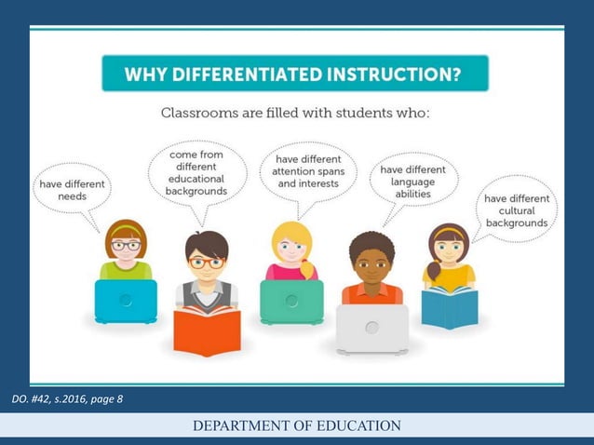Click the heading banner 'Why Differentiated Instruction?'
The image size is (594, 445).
point(295,74)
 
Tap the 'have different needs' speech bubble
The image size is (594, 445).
point(72,191)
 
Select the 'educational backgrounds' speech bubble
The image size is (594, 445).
point(196,173)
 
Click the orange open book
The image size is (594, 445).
point(207,330)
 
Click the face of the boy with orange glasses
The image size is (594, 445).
point(206,263)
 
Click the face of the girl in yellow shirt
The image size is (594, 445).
point(450,249)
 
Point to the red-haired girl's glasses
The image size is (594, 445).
point(126,246)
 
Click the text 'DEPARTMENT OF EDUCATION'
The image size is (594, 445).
point(297,426)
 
